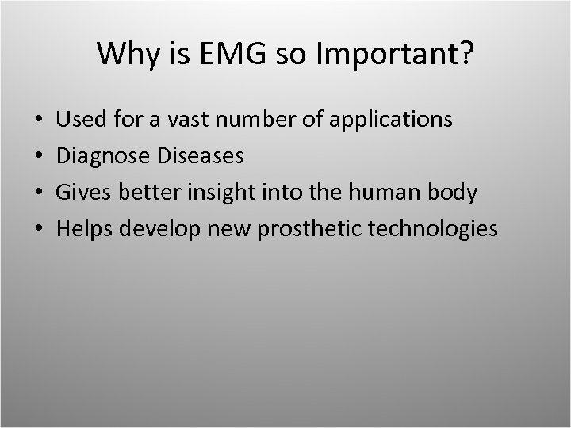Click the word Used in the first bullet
click(78, 120)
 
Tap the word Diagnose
click(102, 157)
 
